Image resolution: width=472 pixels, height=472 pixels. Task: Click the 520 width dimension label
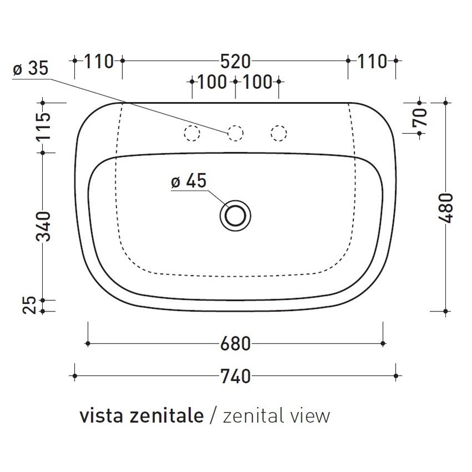pos(235,61)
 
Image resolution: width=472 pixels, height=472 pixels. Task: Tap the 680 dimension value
pos(235,344)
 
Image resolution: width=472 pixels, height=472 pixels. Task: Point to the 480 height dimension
pos(447,208)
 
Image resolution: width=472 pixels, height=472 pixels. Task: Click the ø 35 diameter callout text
pos(30,69)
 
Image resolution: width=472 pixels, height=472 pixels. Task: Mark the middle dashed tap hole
pos(235,133)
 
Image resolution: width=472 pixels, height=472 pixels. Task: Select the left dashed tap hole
pos(192,133)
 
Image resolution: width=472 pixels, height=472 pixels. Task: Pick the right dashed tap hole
pos(278,133)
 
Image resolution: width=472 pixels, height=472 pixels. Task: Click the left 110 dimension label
pos(98,61)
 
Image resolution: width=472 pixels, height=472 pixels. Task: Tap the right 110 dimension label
pos(371,61)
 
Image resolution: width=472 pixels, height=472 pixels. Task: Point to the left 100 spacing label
pos(213,82)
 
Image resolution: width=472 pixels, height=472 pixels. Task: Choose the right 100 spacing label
pos(257,82)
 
